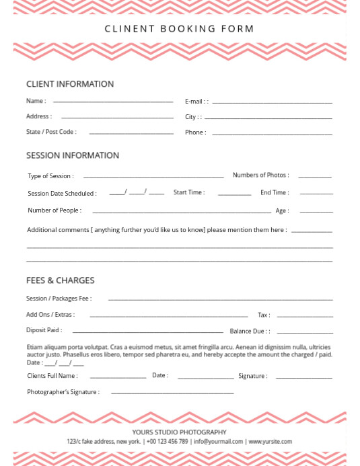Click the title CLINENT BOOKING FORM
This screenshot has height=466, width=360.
tap(180, 29)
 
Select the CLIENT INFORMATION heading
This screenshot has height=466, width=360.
tap(70, 84)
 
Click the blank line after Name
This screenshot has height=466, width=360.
tap(113, 102)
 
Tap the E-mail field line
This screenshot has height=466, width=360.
tap(272, 102)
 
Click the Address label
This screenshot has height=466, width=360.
tap(39, 116)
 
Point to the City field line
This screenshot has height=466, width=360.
tap(268, 118)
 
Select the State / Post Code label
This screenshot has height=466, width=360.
tap(51, 132)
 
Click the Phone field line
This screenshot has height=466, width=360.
tap(272, 133)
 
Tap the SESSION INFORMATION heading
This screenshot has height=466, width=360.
tap(73, 155)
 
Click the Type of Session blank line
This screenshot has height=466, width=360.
tap(153, 177)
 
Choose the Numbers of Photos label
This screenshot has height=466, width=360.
tap(260, 175)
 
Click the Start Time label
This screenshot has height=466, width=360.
tap(189, 192)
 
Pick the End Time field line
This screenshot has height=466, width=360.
tap(316, 194)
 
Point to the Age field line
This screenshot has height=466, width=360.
tap(316, 211)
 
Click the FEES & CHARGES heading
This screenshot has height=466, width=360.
tap(61, 280)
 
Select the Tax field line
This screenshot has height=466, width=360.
tap(305, 315)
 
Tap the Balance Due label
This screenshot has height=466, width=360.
tap(250, 331)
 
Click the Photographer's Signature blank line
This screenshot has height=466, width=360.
tap(172, 392)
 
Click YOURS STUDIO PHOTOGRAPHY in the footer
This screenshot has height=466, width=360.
tap(179, 432)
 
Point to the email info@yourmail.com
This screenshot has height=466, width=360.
tap(218, 442)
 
